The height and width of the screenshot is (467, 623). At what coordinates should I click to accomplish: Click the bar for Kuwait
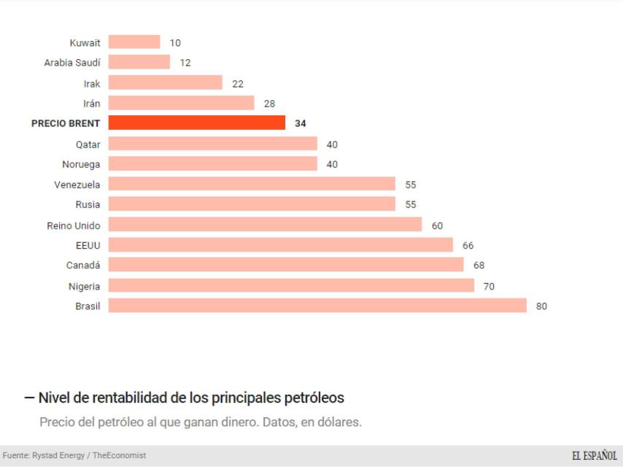[134, 42]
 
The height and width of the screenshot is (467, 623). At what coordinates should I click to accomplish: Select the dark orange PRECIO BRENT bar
[197, 123]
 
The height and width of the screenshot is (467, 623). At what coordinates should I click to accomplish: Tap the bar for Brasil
[317, 306]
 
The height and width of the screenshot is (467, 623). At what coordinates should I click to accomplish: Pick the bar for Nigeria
[291, 286]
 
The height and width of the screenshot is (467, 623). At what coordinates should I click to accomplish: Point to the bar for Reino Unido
[265, 225]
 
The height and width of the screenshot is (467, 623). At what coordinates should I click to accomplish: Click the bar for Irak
[165, 83]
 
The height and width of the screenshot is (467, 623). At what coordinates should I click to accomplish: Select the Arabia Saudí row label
[72, 63]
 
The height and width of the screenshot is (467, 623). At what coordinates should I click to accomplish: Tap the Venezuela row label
[77, 185]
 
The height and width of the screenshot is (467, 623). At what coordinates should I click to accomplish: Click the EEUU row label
[88, 245]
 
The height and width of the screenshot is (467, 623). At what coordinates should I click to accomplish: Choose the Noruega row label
[81, 164]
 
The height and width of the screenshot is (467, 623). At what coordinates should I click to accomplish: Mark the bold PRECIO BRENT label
[66, 123]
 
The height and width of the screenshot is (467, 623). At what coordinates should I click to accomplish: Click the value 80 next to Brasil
[541, 306]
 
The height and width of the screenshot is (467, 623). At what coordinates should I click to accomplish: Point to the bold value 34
[301, 124]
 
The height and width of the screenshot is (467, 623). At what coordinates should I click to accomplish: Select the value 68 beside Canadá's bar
[479, 266]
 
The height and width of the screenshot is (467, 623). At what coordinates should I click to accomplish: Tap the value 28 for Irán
[269, 104]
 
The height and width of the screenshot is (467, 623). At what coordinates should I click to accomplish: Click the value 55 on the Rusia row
[411, 205]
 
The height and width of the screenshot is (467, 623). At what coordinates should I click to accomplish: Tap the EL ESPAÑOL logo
[594, 455]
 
